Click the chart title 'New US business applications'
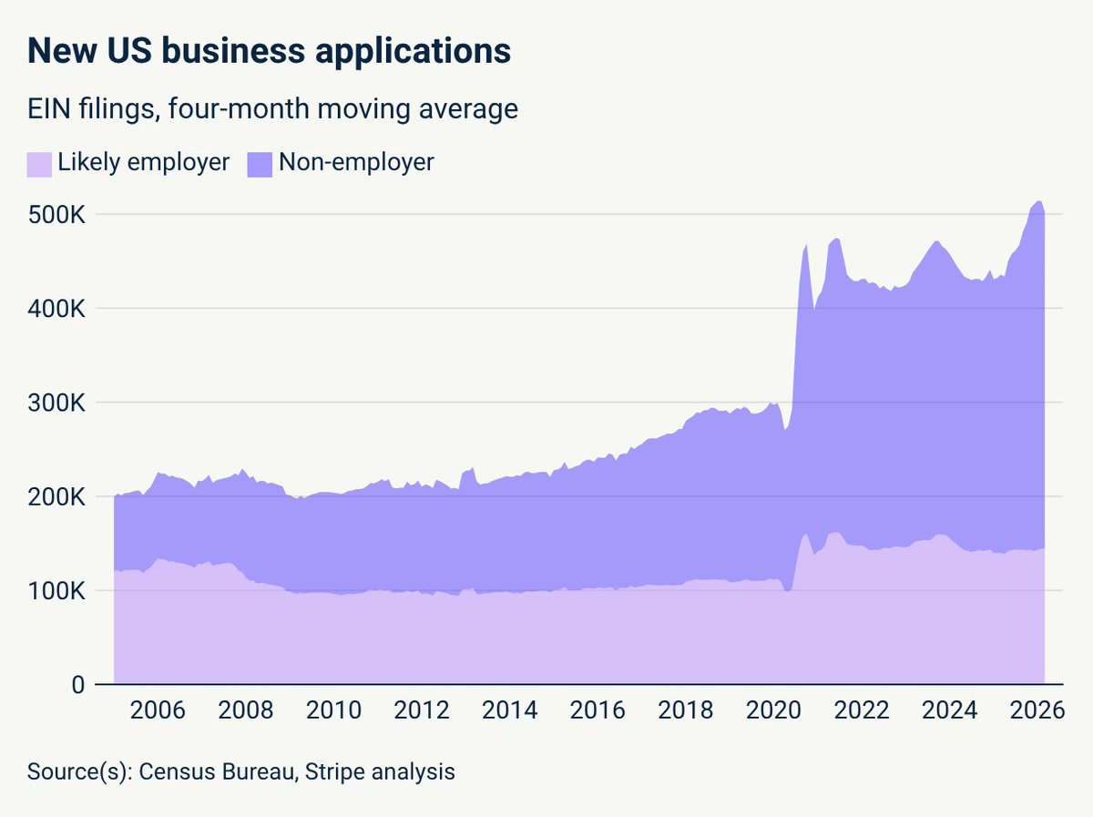point(269,51)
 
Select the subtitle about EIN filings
point(272,108)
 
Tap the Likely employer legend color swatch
point(39,164)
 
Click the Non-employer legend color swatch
point(260,164)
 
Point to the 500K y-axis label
point(56,215)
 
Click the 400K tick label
point(56,309)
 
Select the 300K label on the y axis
point(56,403)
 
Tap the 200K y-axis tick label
point(56,497)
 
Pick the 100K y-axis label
point(56,591)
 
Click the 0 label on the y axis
point(78,685)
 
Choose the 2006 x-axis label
point(158,710)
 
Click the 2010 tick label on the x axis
point(333,710)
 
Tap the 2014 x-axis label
point(509,710)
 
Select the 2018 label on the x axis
point(685,710)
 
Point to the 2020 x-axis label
point(773,710)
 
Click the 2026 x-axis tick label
point(1037,710)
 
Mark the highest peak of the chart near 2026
point(1038,200)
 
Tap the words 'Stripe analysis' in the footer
point(380,772)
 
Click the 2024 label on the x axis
point(949,710)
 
